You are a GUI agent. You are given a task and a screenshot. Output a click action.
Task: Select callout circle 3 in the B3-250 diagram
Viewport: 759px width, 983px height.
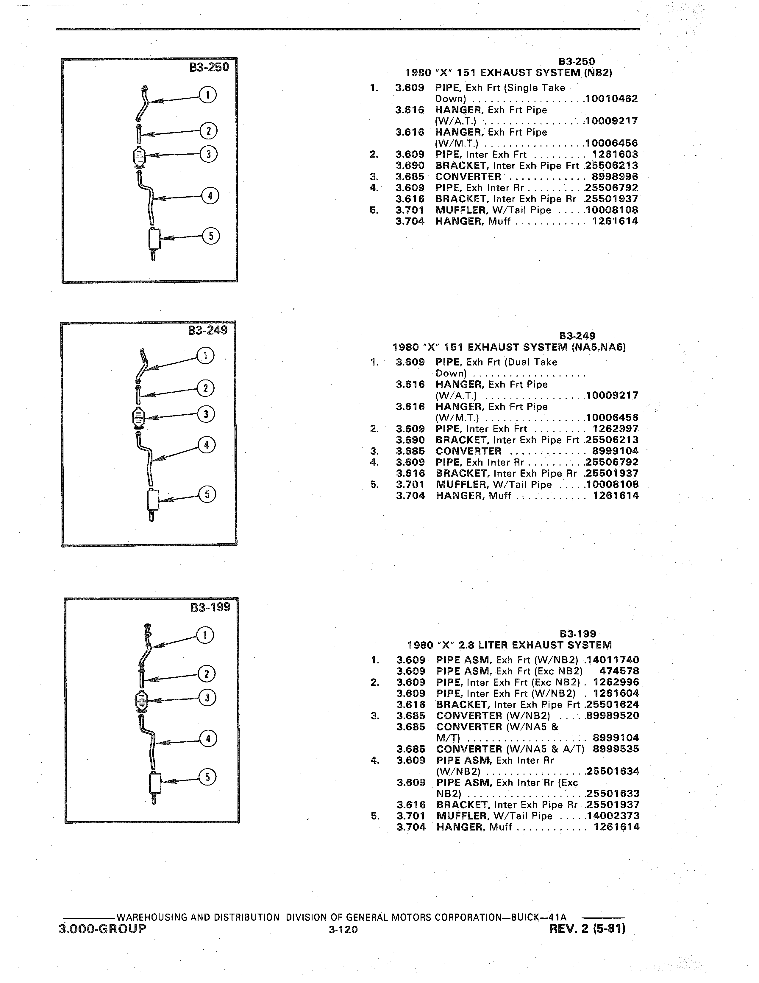208,154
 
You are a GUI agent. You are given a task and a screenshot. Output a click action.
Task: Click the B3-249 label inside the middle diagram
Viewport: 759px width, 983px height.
208,330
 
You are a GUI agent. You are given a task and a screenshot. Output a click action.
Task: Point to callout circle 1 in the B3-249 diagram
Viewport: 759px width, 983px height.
205,356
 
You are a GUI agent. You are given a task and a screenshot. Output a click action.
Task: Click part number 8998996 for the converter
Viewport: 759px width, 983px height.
615,176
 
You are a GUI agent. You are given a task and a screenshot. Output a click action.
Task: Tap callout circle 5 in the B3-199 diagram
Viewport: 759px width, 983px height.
207,777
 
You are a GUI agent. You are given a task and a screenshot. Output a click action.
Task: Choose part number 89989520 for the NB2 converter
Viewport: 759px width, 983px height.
613,716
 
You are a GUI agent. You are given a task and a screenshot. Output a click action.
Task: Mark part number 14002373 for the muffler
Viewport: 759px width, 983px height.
613,816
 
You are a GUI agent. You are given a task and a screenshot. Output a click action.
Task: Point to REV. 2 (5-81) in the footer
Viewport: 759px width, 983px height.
587,928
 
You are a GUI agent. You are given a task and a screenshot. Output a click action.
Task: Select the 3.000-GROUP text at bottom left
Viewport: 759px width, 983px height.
102,928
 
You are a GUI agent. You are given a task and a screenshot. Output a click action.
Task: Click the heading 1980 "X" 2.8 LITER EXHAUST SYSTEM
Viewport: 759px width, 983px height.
510,645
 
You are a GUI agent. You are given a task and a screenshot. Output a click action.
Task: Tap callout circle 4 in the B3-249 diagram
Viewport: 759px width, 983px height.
206,445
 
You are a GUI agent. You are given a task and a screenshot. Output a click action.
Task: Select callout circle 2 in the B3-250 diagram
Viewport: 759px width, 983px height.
208,131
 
